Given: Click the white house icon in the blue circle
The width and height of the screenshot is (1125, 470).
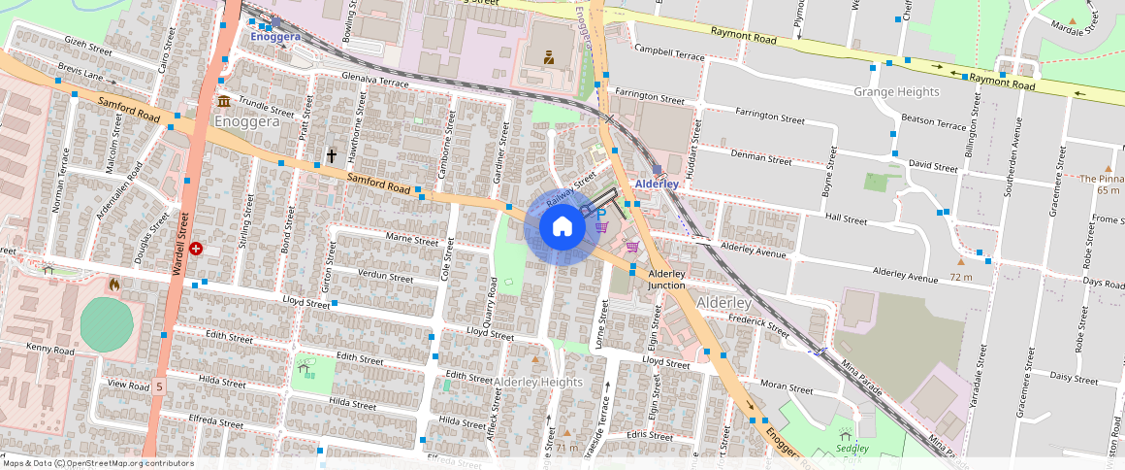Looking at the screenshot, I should click(562, 227).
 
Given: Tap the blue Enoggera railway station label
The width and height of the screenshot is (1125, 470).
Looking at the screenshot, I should click(275, 36).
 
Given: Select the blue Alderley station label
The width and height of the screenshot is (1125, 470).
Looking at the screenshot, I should click(657, 184).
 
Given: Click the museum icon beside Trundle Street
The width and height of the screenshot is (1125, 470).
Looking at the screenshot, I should click(224, 102).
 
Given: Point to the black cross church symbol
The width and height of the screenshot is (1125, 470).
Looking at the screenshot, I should click(331, 155).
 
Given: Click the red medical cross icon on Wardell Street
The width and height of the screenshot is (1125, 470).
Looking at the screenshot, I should click(197, 249).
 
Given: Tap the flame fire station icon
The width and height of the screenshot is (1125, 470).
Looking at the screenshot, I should click(114, 285).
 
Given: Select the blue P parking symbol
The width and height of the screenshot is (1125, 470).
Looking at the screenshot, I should click(600, 214).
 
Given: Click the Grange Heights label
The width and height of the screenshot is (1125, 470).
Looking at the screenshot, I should click(896, 91).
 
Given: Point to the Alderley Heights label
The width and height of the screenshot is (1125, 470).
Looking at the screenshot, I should click(538, 382).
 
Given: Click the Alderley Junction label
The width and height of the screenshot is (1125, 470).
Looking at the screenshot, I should click(666, 280).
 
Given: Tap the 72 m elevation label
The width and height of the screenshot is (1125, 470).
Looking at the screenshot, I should click(961, 277).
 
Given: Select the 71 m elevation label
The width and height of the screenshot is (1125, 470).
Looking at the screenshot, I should click(566, 448).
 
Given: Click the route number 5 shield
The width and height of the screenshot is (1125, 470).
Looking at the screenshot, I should click(159, 386).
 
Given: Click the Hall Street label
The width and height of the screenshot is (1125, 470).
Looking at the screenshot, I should click(844, 219).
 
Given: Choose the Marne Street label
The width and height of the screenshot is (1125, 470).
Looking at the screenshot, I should click(412, 239).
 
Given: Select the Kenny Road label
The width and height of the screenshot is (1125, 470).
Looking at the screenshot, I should click(50, 349).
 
